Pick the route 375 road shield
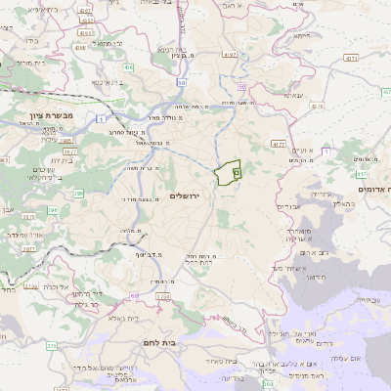51,345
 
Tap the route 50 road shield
183,82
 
